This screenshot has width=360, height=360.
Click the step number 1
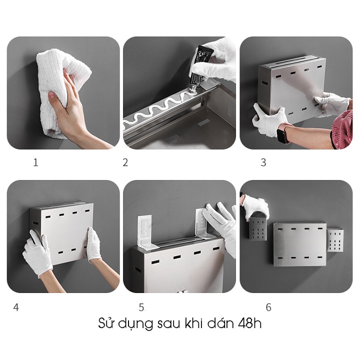[35, 162]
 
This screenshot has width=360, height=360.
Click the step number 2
[125, 162]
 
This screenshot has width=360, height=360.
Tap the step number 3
[263, 162]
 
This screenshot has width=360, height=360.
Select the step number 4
[16, 307]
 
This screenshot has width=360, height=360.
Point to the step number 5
[141, 307]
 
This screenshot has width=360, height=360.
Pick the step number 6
[268, 307]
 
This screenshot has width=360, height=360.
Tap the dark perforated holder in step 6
[258, 229]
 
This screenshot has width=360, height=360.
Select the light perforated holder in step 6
[335, 240]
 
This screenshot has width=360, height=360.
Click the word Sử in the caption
[107, 323]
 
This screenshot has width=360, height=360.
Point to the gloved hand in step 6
[255, 206]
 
